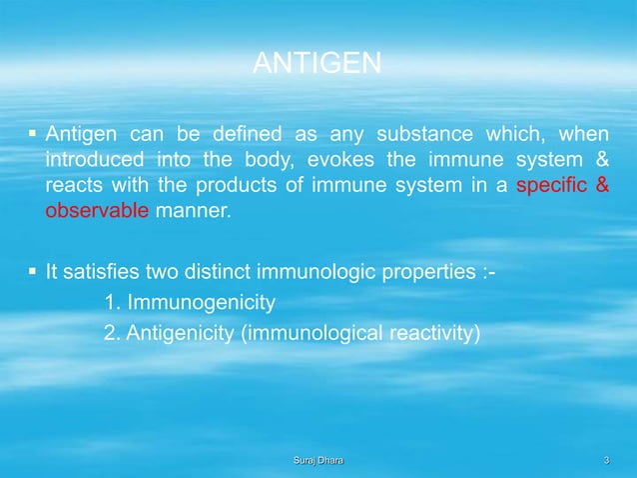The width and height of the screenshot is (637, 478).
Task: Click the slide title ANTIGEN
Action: point(317,65)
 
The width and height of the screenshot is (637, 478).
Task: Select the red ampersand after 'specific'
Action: point(603,187)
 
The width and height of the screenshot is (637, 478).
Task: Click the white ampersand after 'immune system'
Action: point(603,161)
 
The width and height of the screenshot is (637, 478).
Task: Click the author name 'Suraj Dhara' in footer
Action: point(318,459)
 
